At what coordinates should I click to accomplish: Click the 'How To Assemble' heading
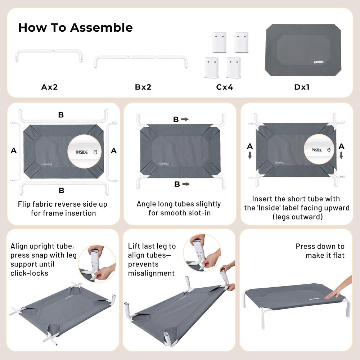pyautogui.click(x=75, y=28)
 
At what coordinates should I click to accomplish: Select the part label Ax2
pyautogui.click(x=49, y=87)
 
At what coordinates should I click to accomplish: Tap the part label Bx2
pyautogui.click(x=143, y=87)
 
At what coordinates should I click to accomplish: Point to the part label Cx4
pyautogui.click(x=224, y=87)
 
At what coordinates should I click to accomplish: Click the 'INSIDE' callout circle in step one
pyautogui.click(x=84, y=152)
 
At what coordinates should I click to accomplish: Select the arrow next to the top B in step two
pyautogui.click(x=185, y=120)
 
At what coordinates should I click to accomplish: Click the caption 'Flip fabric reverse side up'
pyautogui.click(x=63, y=204)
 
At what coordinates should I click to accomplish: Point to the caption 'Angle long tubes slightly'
pyautogui.click(x=179, y=204)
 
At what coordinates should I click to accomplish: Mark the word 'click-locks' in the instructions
pyautogui.click(x=30, y=273)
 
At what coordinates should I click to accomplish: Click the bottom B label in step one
pyautogui.click(x=62, y=190)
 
